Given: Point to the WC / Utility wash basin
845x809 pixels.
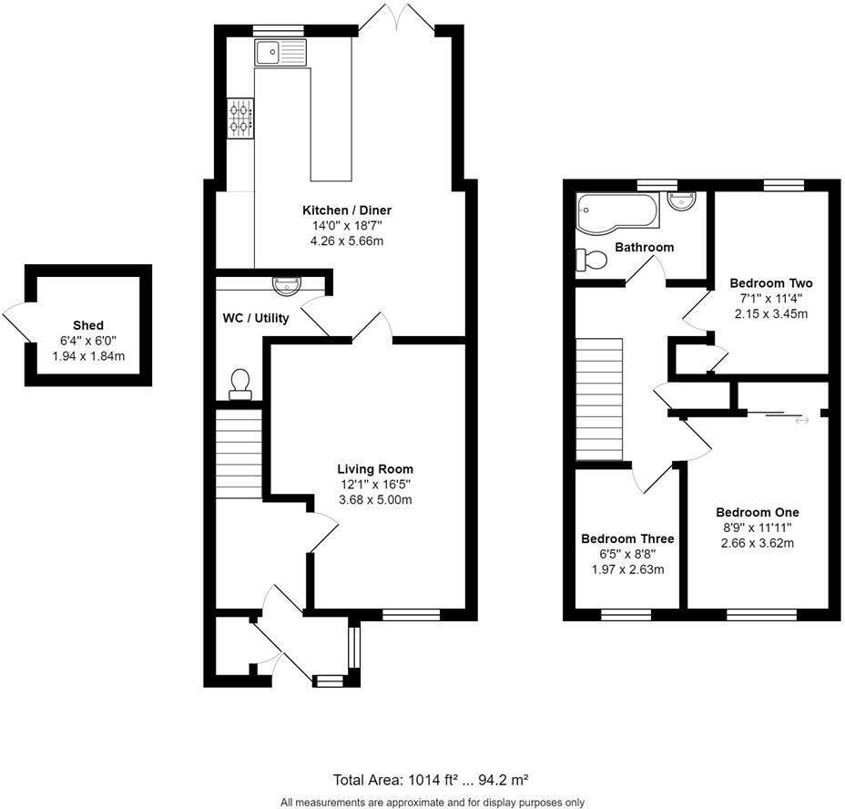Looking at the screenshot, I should tap(285, 284).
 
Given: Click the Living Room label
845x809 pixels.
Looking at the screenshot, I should tap(375, 469).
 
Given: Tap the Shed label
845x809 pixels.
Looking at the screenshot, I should tap(88, 325).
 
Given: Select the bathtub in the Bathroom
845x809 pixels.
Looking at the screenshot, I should tap(615, 211).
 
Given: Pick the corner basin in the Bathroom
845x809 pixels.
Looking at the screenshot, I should tap(682, 201).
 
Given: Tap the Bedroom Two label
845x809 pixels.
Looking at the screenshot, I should tap(771, 283).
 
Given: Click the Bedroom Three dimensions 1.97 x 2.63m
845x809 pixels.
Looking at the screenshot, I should tap(627, 570).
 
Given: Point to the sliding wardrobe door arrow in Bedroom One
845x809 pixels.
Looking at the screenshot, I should tap(802, 420).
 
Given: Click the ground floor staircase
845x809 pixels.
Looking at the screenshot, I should tap(239, 454).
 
